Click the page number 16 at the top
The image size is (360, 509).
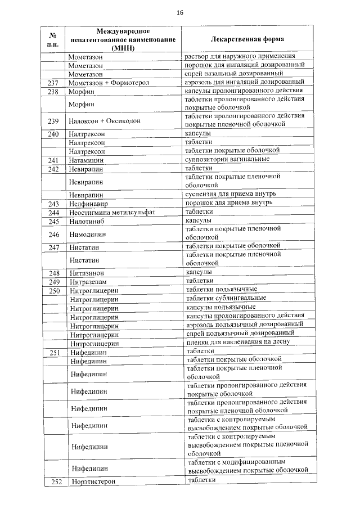179,12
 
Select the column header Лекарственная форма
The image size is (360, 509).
247,39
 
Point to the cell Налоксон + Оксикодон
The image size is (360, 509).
105,121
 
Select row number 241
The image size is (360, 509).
54,160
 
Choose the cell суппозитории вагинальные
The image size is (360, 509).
227,159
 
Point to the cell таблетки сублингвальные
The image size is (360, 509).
226,298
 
